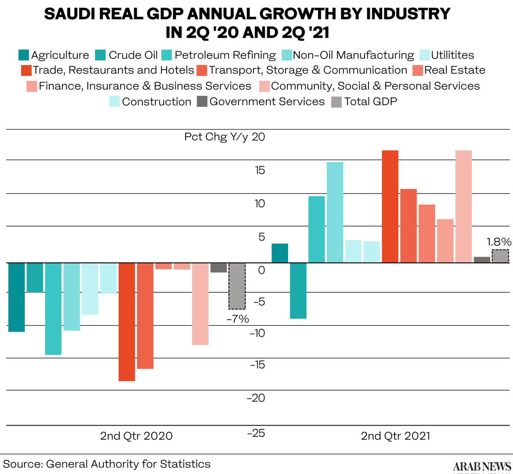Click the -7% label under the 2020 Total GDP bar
pos(238,318)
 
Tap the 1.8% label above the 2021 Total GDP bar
pos(499,241)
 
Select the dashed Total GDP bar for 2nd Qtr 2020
pos(237,286)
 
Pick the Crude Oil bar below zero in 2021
pos(298,291)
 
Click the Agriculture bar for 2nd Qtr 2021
pos(280,253)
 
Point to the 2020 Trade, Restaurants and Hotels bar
pos(127,321)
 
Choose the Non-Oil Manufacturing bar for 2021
pos(335,212)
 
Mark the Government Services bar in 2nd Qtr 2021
pos(482,259)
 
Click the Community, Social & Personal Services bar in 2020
pos(200,303)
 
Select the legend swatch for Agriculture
pos(24,55)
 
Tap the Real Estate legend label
pos(454,70)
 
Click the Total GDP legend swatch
pos(337,102)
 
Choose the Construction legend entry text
pos(156,102)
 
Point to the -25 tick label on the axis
pos(256,433)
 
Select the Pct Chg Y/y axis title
pos(216,137)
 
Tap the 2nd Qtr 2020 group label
pos(136,436)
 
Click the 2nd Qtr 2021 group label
pos(395,436)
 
